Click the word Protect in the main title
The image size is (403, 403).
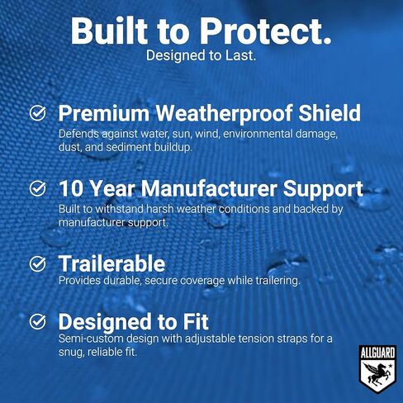tap(261, 31)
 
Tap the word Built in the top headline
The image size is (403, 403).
tap(109, 31)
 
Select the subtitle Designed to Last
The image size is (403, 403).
tap(201, 55)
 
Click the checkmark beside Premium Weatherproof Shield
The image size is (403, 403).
tap(38, 113)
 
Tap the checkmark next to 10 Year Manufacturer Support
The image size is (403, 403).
tap(38, 188)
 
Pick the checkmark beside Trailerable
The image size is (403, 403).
tap(38, 263)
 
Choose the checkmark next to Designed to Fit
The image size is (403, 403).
tap(38, 321)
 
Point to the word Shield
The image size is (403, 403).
tap(330, 112)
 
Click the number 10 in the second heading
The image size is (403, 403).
tap(71, 189)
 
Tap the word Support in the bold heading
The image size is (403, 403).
tap(323, 190)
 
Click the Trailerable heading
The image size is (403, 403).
tap(111, 263)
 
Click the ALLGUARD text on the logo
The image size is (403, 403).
tap(377, 353)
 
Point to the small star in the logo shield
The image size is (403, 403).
tap(390, 366)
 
